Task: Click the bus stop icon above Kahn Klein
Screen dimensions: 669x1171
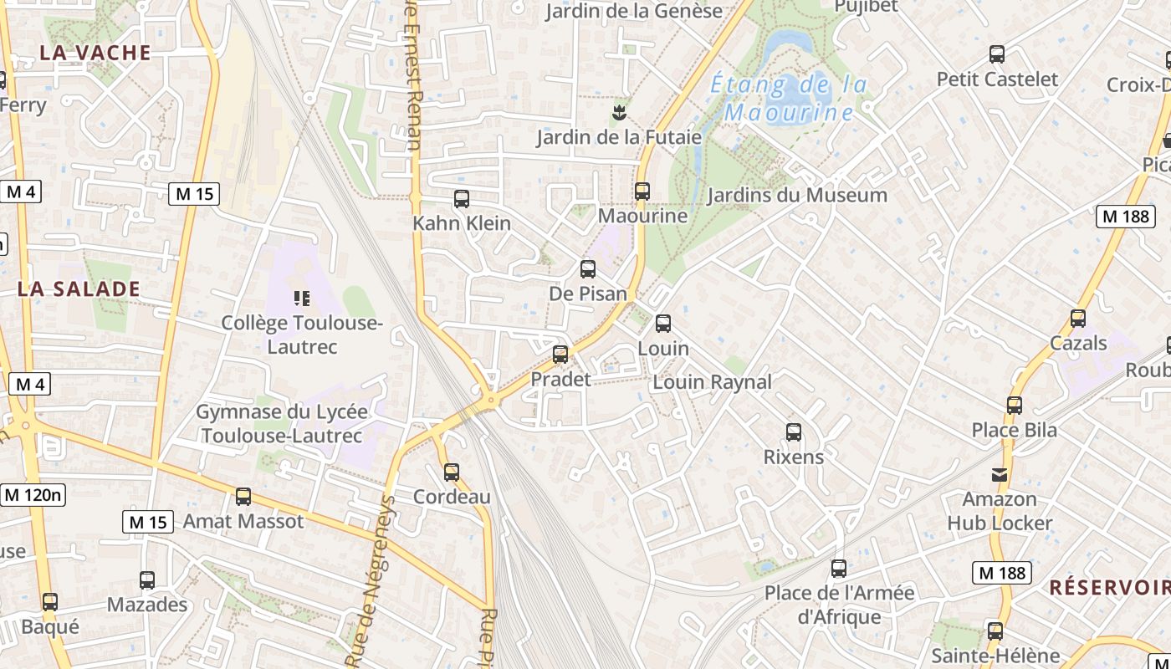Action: coord(461,199)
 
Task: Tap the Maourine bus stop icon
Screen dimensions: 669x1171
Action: coord(642,192)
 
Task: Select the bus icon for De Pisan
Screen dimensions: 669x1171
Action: coord(588,269)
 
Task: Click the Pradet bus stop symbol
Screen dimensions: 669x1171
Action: coord(560,355)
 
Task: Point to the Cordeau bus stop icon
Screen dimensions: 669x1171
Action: coord(452,472)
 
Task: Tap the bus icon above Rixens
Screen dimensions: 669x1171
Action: coord(794,432)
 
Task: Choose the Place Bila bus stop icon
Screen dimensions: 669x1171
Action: coord(1015,406)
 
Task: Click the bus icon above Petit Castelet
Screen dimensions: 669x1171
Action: coord(997,54)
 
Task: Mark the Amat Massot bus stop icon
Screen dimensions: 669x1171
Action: coord(243,497)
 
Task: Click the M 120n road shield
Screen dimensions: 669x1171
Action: coord(33,494)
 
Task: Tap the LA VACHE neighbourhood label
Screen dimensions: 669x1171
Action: coord(95,53)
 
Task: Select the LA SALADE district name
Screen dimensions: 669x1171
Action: coord(79,289)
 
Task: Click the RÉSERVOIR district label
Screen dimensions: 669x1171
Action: coord(1109,587)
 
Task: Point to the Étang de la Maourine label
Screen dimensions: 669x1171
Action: coord(789,98)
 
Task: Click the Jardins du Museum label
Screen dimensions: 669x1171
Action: coord(797,196)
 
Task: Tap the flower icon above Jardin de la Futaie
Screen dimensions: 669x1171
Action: coord(619,111)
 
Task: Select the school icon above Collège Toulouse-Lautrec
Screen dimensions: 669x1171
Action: coord(302,298)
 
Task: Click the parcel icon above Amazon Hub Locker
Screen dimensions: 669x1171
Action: coord(1000,475)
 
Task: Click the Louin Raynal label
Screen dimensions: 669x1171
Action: coord(712,382)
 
